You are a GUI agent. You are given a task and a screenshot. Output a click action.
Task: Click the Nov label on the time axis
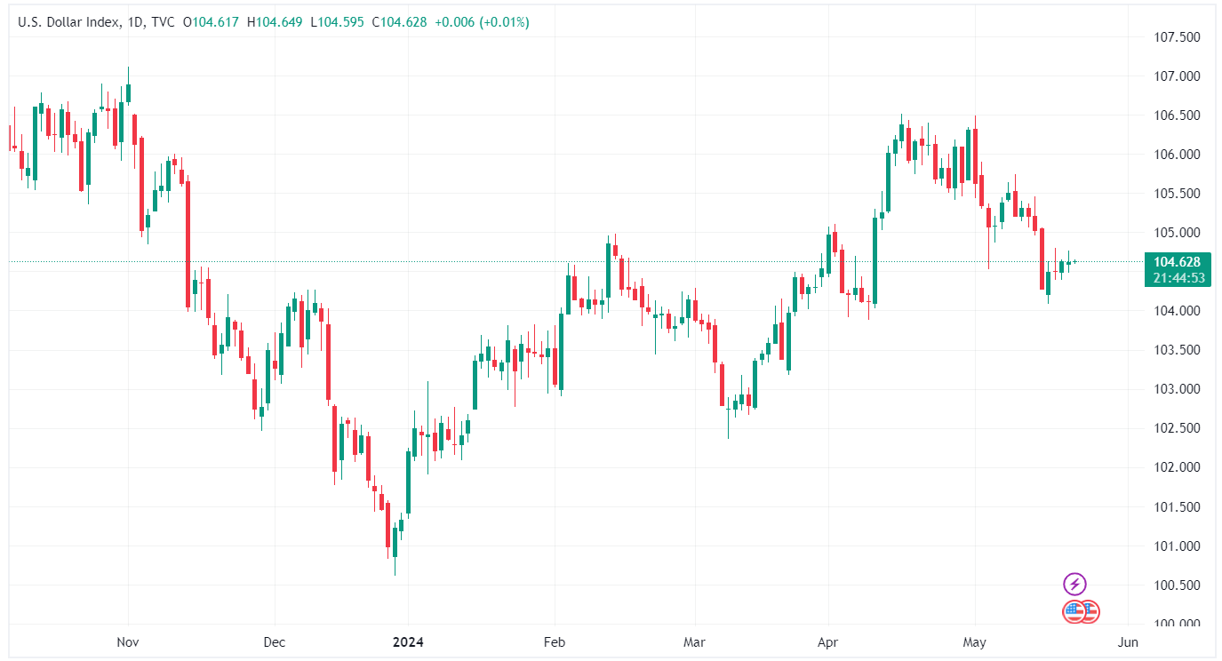[128, 641]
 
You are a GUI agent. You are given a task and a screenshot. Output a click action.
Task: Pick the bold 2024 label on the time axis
[408, 641]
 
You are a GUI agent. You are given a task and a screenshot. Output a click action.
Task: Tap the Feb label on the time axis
[555, 641]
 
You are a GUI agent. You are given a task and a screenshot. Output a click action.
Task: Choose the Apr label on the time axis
[827, 641]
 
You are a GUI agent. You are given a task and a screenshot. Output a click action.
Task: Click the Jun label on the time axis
[1127, 641]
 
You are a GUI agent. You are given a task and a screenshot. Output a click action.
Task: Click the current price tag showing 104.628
[1176, 262]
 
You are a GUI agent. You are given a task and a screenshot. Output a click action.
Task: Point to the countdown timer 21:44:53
[1176, 277]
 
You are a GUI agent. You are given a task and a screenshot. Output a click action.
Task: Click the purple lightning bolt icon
[1075, 584]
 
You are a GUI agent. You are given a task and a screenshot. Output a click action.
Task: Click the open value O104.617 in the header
[212, 22]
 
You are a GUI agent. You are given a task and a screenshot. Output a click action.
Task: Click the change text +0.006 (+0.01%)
[482, 22]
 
